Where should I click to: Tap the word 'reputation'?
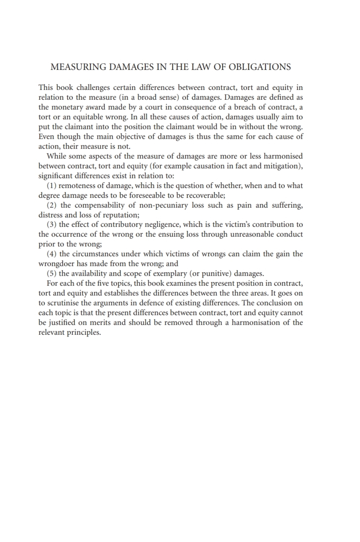click(119, 215)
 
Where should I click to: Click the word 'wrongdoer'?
click(56, 264)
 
